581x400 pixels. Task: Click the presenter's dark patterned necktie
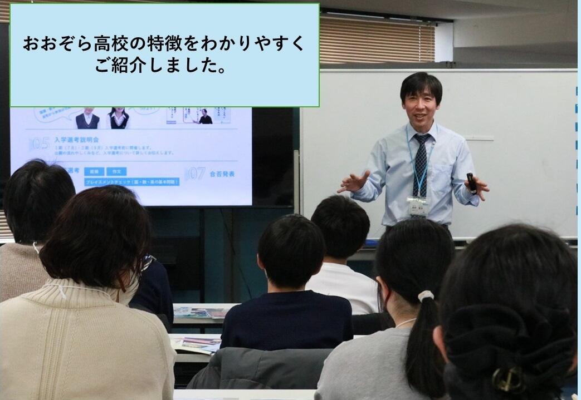(x=420, y=165)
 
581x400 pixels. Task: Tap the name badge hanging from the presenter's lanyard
(x=418, y=207)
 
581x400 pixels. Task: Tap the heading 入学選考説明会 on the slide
(x=77, y=140)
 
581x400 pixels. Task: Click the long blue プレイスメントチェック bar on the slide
(x=132, y=182)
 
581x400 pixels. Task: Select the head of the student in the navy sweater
(x=291, y=250)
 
